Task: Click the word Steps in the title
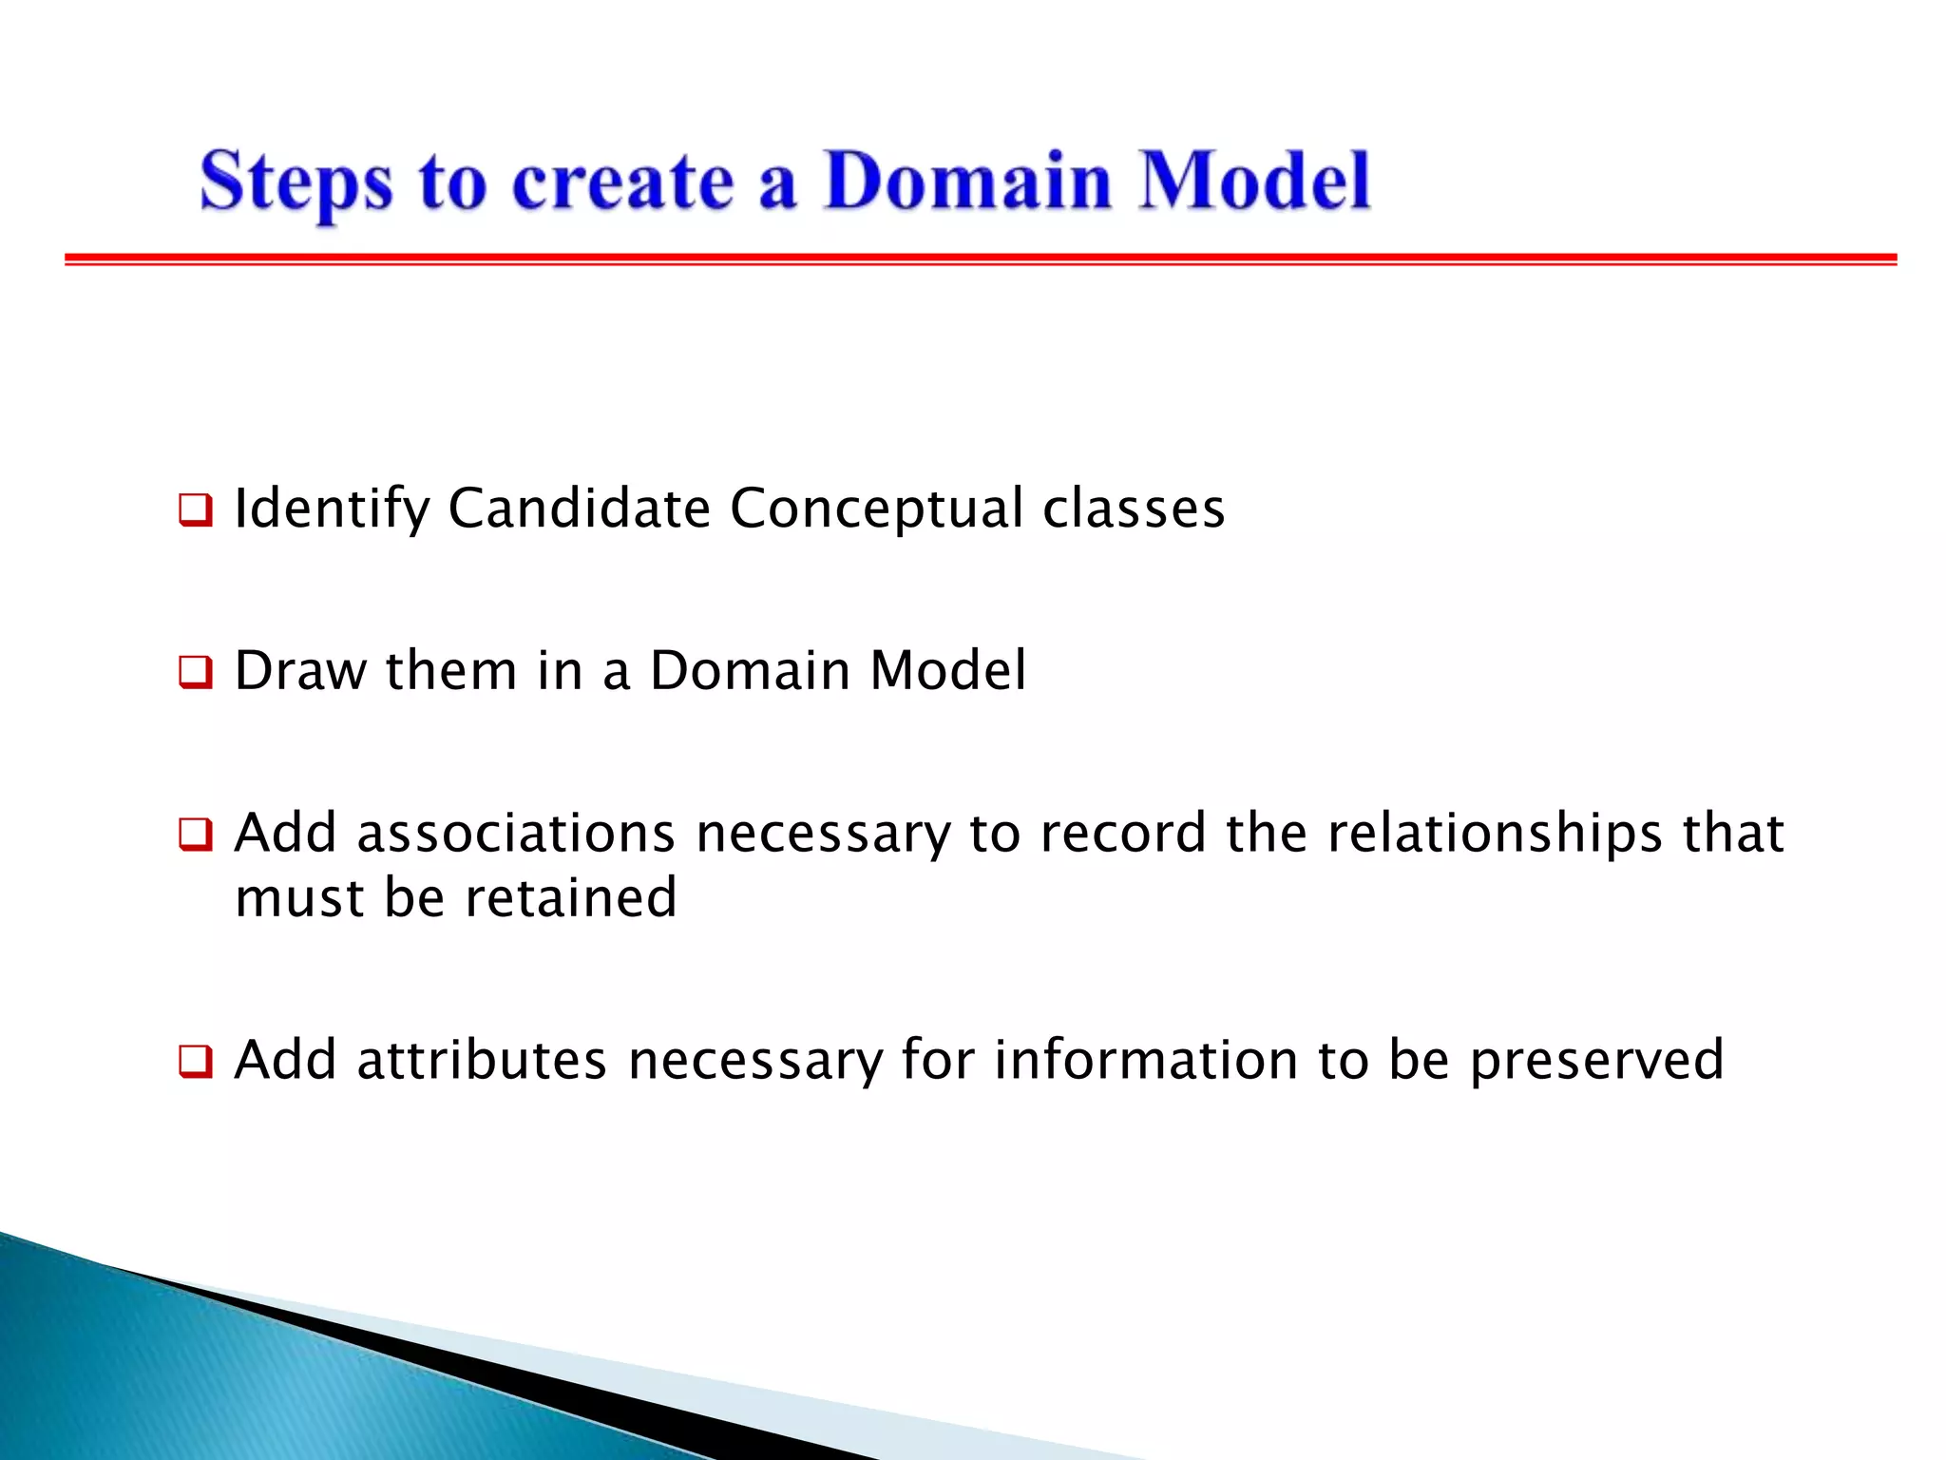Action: click(x=296, y=182)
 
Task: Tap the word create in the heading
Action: click(x=622, y=182)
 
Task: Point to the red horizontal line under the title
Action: click(x=979, y=259)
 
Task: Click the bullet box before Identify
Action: click(x=195, y=510)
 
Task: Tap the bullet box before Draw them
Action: click(x=195, y=673)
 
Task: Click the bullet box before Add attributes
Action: click(x=195, y=1062)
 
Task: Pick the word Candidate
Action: click(x=579, y=509)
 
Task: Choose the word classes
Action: click(x=1134, y=509)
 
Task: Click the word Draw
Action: click(x=300, y=671)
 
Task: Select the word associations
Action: click(x=516, y=834)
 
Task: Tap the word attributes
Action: click(x=482, y=1060)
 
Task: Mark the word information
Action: click(x=1146, y=1060)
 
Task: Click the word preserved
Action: click(x=1596, y=1062)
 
